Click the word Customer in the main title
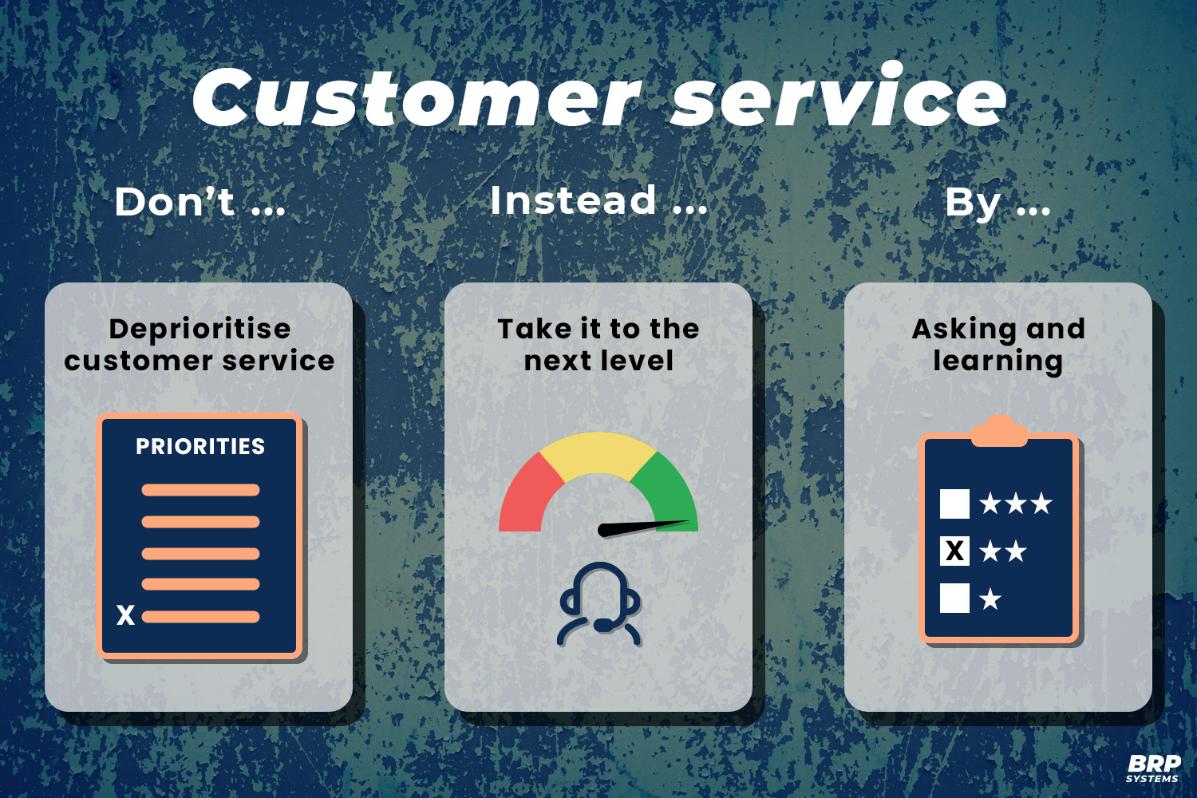coord(415,97)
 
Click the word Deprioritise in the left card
coord(199,329)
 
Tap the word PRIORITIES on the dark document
coord(200,447)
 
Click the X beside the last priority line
coord(126,615)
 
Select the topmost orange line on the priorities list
coord(200,490)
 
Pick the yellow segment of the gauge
coord(598,453)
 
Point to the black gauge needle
coord(642,527)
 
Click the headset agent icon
coord(599,604)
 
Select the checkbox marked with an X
coord(954,551)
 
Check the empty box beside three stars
coord(954,504)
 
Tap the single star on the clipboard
coord(990,598)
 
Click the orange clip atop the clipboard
coord(999,432)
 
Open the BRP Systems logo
coord(1153,768)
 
